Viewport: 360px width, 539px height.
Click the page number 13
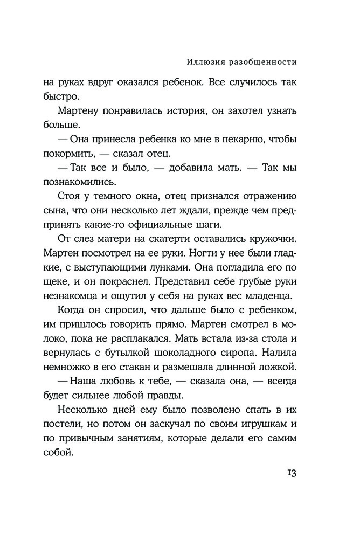(x=289, y=473)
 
